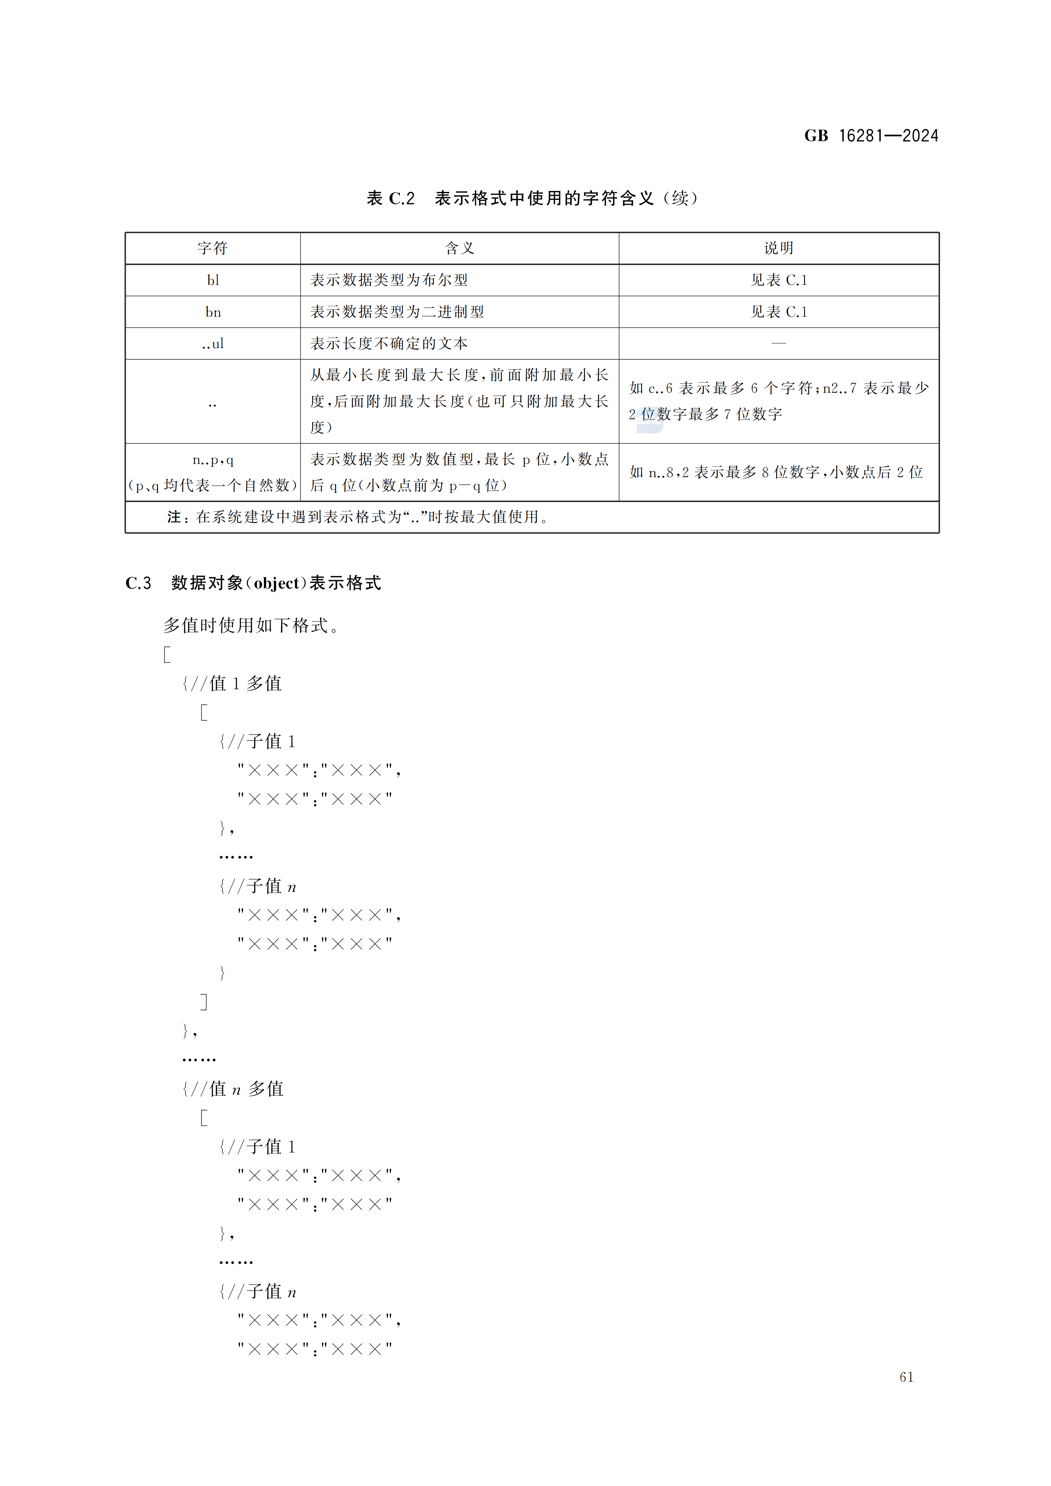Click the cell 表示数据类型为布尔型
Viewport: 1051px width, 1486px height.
(389, 280)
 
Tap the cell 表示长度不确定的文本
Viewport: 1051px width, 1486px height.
(389, 344)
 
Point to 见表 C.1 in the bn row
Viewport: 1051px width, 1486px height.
(778, 312)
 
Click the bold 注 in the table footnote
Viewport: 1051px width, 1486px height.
(173, 517)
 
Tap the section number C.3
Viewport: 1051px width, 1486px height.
(138, 583)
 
